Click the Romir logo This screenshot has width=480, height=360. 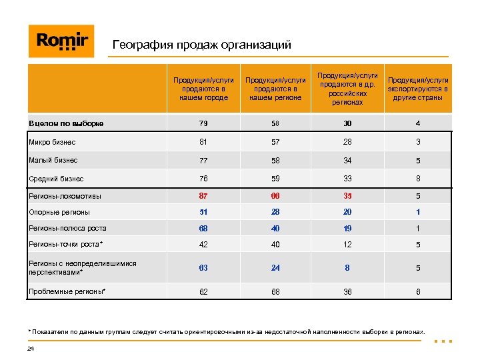point(61,41)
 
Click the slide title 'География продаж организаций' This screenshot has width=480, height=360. point(201,45)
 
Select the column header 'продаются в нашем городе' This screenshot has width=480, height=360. point(204,89)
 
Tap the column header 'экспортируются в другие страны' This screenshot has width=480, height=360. point(418,89)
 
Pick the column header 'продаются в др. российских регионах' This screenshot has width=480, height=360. point(348,89)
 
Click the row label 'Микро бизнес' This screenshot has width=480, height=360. point(52,142)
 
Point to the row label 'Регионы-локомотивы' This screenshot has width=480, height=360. point(65,196)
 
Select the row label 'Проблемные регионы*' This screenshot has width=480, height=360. point(67,291)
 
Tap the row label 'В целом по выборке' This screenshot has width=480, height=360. point(66,123)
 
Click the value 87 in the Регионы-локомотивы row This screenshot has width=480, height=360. point(203,196)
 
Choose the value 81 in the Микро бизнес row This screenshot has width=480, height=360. point(203,142)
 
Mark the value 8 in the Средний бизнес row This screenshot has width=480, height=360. point(417,179)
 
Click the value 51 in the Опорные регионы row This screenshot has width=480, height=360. point(203,212)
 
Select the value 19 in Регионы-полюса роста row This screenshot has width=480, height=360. point(347,228)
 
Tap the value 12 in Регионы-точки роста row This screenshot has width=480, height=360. point(347,245)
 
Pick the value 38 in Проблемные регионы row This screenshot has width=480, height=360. point(347,291)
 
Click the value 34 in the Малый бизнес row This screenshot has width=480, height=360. point(347,161)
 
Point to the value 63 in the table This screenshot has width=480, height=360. point(203,268)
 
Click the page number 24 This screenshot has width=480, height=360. point(31,349)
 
